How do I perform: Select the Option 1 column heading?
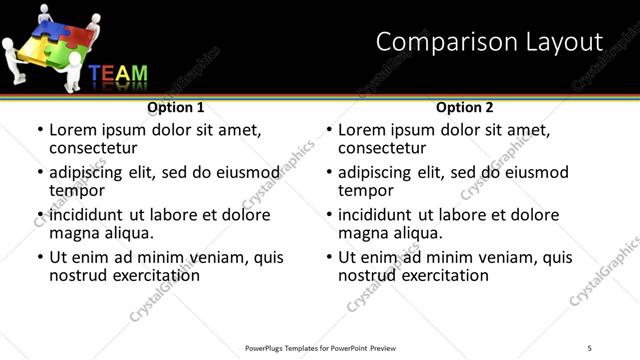coord(175,106)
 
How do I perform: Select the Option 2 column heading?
coord(465,106)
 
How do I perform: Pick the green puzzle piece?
coord(63,57)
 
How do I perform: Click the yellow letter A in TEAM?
coord(124,74)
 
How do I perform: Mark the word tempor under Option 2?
coord(365,190)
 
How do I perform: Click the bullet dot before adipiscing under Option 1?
coord(40,172)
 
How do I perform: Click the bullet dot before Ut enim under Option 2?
coord(329,257)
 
